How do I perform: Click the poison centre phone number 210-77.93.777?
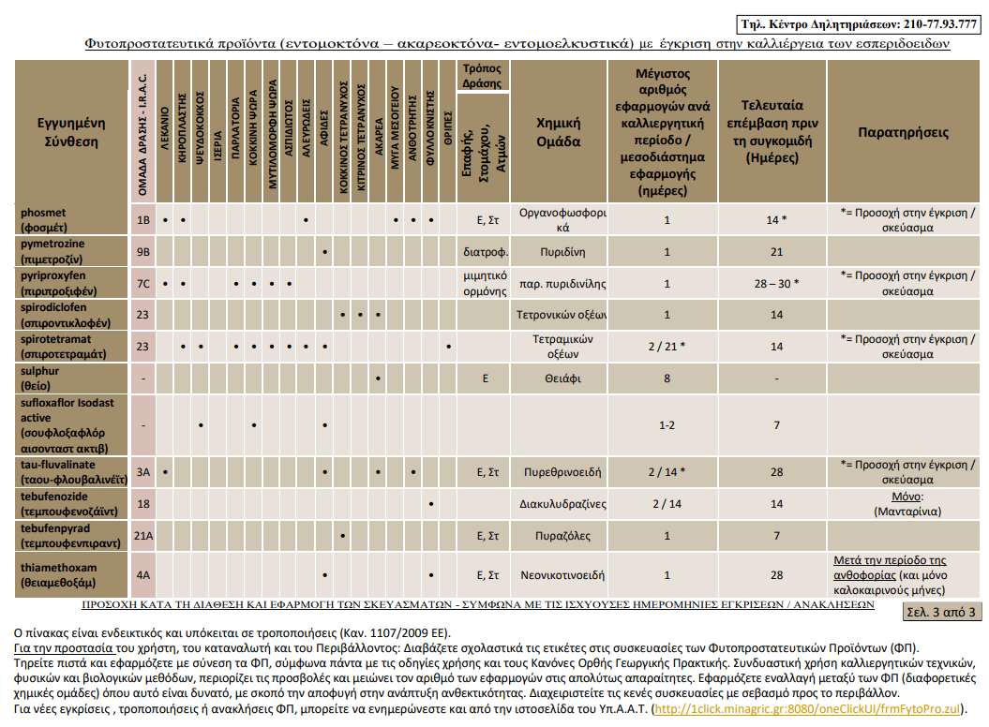(940, 24)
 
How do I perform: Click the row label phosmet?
(43, 213)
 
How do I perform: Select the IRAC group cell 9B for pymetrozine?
(143, 252)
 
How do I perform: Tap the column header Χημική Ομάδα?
(558, 132)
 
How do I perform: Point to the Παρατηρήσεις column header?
(903, 132)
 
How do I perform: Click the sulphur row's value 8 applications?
(667, 378)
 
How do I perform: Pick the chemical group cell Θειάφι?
(562, 378)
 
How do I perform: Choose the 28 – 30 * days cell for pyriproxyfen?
(776, 284)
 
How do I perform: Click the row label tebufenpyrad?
(55, 528)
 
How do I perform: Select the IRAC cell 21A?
(143, 536)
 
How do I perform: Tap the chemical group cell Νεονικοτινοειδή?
(562, 575)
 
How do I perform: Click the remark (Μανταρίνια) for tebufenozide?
(907, 512)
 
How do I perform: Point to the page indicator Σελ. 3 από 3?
(941, 612)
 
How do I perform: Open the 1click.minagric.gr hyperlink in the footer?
(807, 708)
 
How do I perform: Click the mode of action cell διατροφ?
(486, 252)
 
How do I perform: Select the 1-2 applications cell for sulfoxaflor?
(667, 425)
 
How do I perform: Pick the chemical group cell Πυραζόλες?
(562, 536)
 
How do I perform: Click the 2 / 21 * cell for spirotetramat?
(667, 346)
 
